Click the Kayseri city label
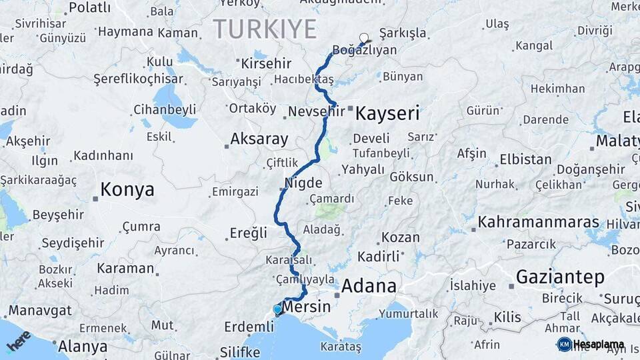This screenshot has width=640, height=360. click(x=387, y=113)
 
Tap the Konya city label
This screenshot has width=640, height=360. click(x=127, y=190)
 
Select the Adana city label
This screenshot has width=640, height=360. click(x=369, y=287)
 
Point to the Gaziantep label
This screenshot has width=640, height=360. click(x=560, y=277)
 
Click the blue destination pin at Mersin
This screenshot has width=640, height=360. click(x=277, y=310)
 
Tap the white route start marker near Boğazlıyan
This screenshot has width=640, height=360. click(x=363, y=38)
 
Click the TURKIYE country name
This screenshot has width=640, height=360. click(x=265, y=29)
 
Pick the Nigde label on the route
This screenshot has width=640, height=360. click(x=303, y=183)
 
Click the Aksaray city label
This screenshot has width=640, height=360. click(x=259, y=139)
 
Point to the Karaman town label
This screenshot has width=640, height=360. click(x=125, y=268)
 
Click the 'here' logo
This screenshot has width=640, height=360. click(x=18, y=340)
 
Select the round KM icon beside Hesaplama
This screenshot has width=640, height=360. click(x=564, y=344)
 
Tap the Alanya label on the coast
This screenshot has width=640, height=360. click(x=83, y=346)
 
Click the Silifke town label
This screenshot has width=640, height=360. click(x=239, y=351)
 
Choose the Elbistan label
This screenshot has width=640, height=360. click(x=525, y=160)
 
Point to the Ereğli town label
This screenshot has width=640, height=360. click(x=248, y=233)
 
